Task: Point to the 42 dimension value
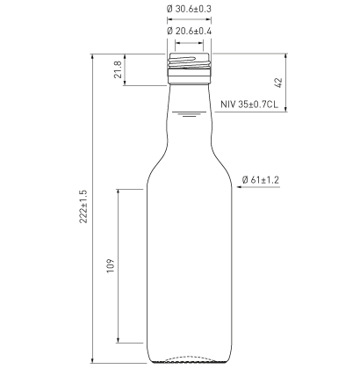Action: coord(277,82)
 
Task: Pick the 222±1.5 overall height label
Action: coord(83,210)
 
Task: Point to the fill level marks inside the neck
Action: coord(191,113)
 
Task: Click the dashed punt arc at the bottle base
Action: coord(191,358)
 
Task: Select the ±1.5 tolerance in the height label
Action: coord(83,197)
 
